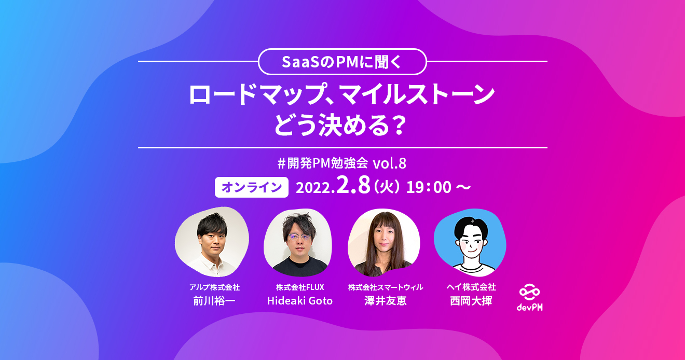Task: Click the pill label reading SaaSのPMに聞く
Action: [342, 62]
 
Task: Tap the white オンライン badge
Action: [252, 187]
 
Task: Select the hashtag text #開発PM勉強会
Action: [323, 163]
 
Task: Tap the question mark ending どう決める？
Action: [397, 125]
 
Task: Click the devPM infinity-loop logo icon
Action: [530, 293]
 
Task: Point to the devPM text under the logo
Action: [530, 308]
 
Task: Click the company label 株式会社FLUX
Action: [299, 287]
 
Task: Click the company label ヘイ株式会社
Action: [471, 287]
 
